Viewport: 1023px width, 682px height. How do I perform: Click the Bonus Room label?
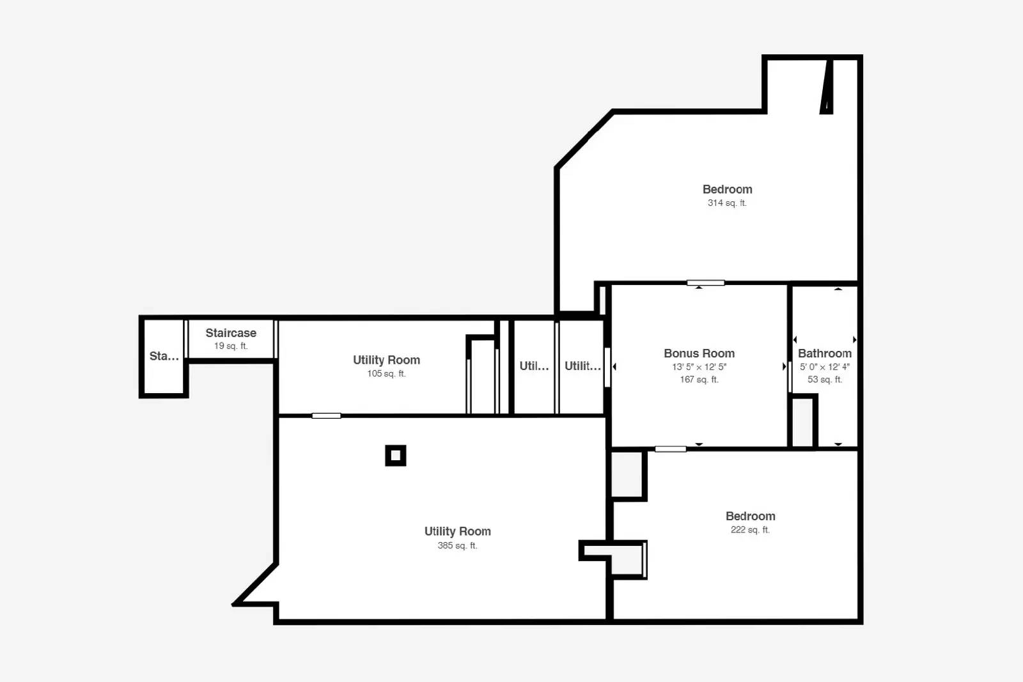tap(699, 353)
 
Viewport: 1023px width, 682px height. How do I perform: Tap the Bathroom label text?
tap(825, 353)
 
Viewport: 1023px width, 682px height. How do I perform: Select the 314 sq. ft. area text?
tap(727, 203)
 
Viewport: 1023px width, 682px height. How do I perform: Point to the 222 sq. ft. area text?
tap(751, 529)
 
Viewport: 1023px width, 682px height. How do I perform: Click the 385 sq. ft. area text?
tap(458, 545)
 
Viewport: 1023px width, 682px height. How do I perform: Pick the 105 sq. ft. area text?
tap(386, 373)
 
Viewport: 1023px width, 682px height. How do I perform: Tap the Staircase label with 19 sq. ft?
tap(231, 333)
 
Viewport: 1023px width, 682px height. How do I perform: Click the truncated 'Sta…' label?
tap(164, 356)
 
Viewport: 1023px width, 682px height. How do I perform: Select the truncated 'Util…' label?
tap(534, 366)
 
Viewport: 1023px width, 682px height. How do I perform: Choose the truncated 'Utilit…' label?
tap(582, 366)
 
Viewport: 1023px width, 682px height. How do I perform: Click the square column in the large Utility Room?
tap(396, 456)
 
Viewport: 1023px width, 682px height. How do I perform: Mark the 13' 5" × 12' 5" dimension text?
tap(699, 366)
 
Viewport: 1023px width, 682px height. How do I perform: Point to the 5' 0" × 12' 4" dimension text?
tap(825, 366)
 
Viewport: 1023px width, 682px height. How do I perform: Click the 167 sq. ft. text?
tap(699, 379)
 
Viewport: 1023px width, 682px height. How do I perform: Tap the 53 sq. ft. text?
tap(825, 379)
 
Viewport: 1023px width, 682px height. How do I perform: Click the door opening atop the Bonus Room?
tap(706, 283)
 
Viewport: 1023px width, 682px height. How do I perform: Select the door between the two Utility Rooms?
tap(326, 416)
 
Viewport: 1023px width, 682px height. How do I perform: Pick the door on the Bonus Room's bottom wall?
tap(671, 449)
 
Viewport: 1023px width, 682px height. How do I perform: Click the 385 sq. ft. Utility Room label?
tap(458, 531)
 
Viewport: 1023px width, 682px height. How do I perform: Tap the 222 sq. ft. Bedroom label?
tap(751, 516)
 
